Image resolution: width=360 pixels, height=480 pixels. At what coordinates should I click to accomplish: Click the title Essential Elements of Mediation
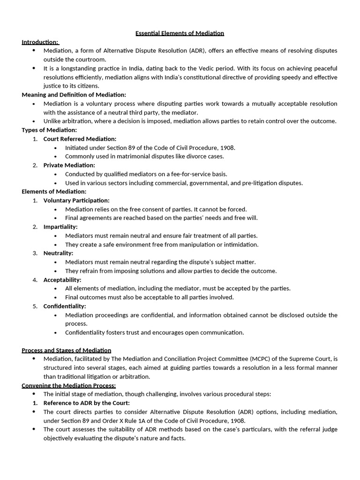180,33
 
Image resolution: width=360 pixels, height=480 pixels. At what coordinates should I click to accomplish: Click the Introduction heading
40,42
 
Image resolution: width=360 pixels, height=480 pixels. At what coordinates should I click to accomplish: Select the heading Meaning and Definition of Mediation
74,95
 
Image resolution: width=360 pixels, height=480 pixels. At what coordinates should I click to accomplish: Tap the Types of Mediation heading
49,130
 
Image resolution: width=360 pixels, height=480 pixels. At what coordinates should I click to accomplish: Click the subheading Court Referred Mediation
80,139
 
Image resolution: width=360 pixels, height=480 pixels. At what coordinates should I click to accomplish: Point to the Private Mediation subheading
69,165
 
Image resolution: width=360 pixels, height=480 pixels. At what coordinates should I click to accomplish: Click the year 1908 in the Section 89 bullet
227,148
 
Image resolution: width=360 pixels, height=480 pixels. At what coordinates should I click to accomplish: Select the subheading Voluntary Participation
76,200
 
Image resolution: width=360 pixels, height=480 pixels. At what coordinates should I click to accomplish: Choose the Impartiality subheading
60,227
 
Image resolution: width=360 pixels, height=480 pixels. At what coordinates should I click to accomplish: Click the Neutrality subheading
58,253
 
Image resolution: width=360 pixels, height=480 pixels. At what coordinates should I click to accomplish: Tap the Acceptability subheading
62,280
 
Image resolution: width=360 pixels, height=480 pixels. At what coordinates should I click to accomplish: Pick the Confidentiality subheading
64,306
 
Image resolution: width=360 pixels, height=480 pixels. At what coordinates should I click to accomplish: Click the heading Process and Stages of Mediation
67,350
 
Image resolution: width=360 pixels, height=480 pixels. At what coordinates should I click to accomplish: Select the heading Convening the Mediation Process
69,385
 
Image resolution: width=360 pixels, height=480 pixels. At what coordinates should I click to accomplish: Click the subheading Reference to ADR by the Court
86,403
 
